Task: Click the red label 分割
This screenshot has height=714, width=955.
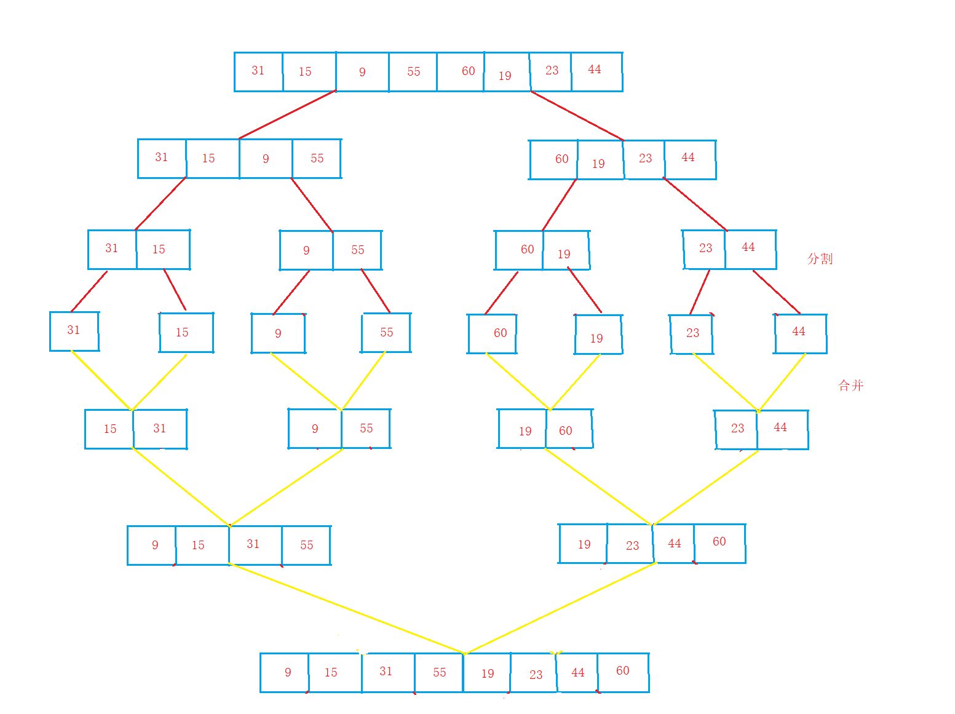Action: click(x=820, y=258)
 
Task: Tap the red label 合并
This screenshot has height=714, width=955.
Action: click(x=851, y=386)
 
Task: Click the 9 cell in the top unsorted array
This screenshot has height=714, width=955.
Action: click(x=362, y=72)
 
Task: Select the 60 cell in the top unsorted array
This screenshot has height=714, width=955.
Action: click(x=461, y=72)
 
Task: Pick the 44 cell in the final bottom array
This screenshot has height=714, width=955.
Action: click(x=577, y=672)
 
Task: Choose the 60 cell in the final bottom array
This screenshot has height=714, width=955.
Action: click(x=623, y=672)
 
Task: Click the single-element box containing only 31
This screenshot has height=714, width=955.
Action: click(x=74, y=331)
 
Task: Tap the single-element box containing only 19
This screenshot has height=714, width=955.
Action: click(x=598, y=335)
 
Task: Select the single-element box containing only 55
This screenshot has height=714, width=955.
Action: click(x=386, y=333)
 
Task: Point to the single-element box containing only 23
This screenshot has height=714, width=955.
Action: click(x=692, y=334)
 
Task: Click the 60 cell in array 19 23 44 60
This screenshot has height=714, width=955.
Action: click(x=719, y=542)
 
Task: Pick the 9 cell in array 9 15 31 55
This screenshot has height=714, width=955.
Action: click(x=152, y=545)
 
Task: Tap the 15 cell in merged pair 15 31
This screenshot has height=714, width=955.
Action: click(x=109, y=429)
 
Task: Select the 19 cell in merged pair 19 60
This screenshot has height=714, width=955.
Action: click(x=523, y=429)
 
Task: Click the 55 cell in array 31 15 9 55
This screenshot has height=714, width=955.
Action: click(x=317, y=159)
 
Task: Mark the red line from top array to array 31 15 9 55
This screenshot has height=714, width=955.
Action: click(x=287, y=115)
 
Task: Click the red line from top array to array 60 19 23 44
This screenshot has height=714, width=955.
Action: click(x=577, y=116)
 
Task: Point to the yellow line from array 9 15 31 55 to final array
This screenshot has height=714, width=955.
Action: click(x=346, y=608)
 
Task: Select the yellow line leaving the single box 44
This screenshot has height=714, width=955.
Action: click(x=782, y=382)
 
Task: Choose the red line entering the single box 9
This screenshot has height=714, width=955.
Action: click(x=291, y=292)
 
